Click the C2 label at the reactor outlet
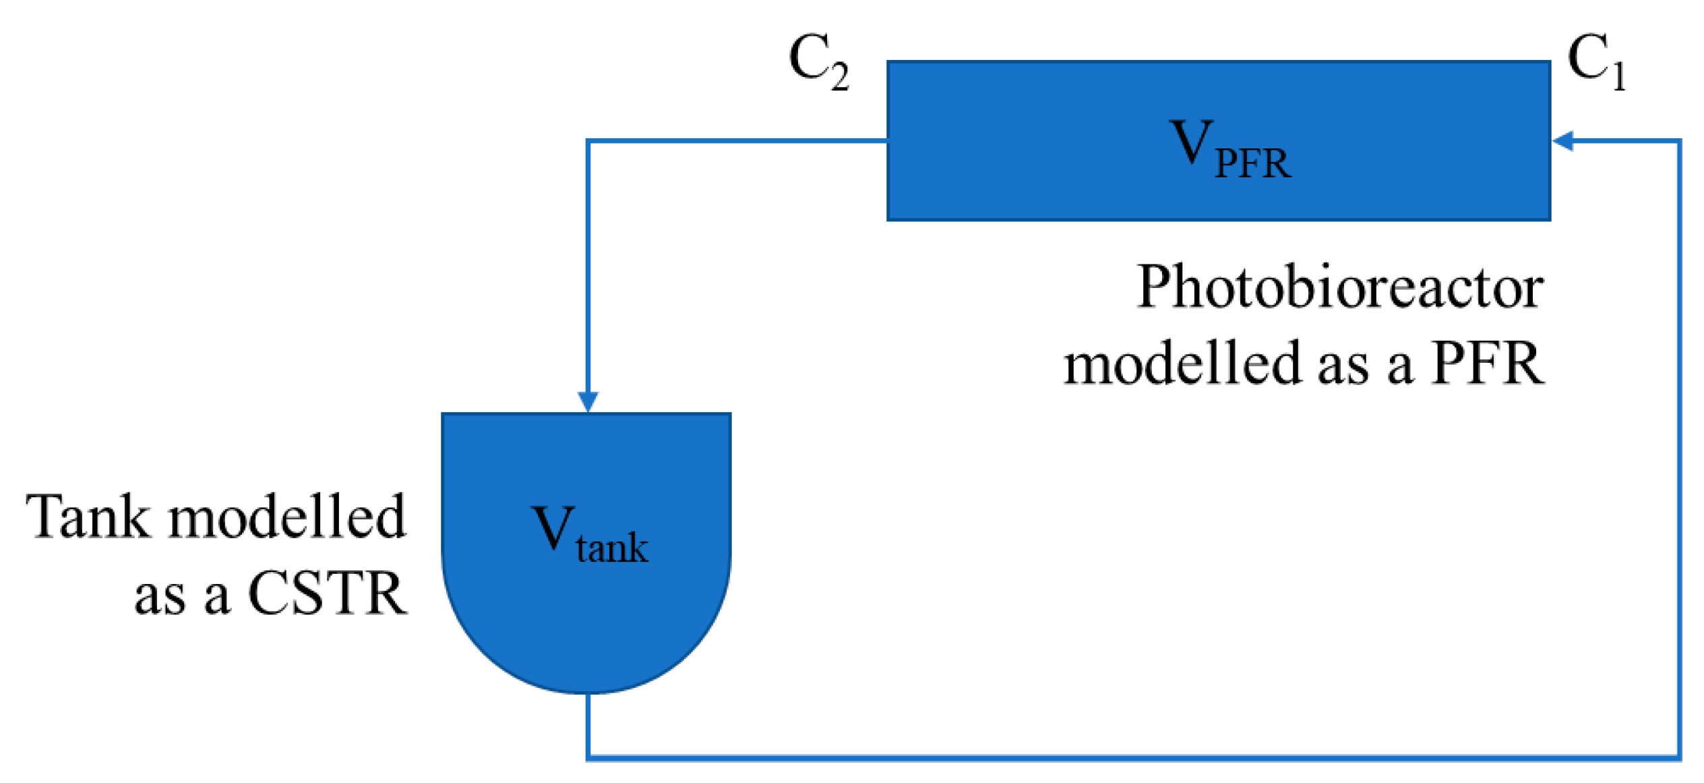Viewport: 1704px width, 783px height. pos(818,62)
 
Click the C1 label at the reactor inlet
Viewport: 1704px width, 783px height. pos(1596,62)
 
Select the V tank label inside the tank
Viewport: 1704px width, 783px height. pos(589,533)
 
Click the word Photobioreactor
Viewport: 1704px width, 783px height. pos(1339,287)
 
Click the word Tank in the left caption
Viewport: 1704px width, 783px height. pos(88,517)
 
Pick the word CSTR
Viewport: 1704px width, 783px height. pos(328,594)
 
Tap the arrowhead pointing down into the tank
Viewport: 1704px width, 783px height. pos(588,401)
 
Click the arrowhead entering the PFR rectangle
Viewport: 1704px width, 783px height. pos(1562,141)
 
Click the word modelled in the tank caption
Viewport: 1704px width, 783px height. pos(287,517)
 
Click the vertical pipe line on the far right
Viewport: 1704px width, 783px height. pos(1678,445)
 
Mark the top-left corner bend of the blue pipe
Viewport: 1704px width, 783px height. pos(588,141)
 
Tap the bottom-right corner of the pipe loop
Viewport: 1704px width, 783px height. pos(1678,758)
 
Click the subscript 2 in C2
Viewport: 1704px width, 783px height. pos(839,76)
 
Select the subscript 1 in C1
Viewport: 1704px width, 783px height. pos(1618,76)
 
